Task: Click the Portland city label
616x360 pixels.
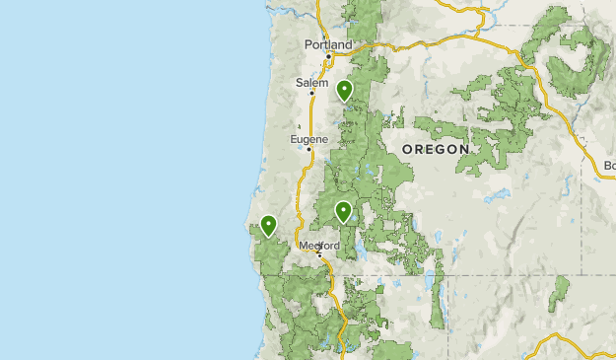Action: point(328,44)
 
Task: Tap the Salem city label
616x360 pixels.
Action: point(311,83)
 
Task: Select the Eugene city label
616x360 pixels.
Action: point(308,140)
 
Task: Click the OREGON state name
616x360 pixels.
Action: point(436,149)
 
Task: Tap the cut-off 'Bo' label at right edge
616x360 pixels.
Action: point(609,165)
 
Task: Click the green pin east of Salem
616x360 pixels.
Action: point(345,91)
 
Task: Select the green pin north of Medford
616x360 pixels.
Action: point(343,210)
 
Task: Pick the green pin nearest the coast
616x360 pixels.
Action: point(267,226)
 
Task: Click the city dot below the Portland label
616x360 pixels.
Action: point(327,55)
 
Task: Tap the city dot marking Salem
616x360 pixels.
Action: point(311,94)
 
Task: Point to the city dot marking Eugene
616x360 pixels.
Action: point(308,150)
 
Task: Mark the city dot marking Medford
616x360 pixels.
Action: point(318,254)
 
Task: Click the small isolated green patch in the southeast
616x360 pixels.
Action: point(560,293)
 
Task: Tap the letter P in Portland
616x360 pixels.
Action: point(308,44)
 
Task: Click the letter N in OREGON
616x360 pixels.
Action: point(464,149)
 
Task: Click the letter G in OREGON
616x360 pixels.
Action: point(441,149)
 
